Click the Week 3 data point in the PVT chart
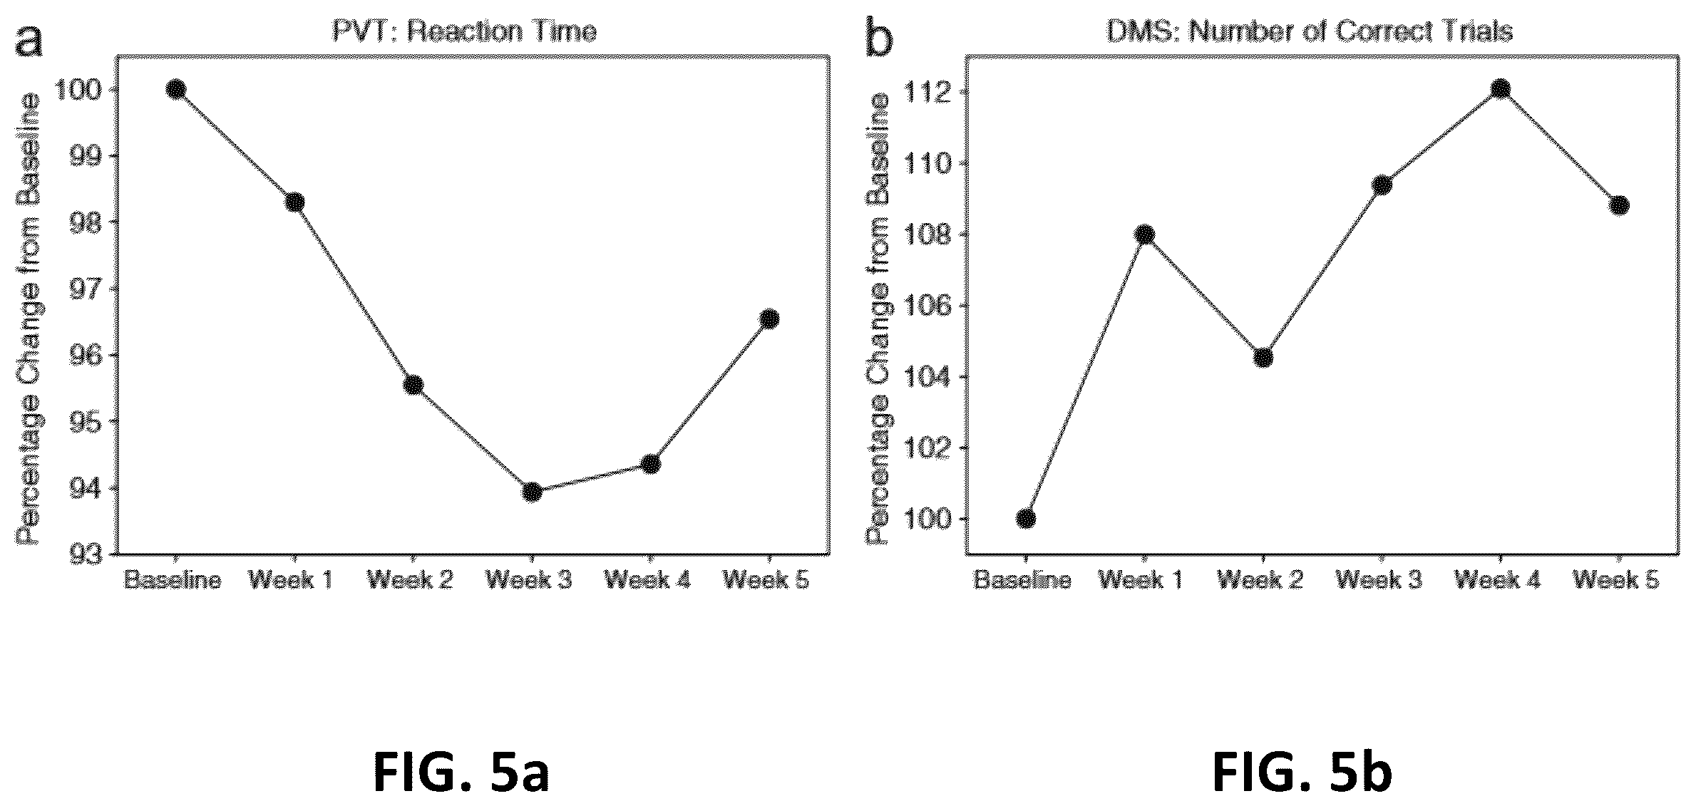(532, 492)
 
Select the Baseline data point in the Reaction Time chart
(176, 89)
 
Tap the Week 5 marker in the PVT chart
(769, 319)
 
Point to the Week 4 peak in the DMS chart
(1500, 90)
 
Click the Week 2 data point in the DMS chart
(1263, 357)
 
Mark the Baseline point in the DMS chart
(1026, 518)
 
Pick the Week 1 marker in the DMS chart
(1144, 234)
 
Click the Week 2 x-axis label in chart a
(410, 580)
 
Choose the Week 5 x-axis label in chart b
(1616, 580)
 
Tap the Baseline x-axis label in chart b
(1023, 580)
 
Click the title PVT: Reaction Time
(464, 32)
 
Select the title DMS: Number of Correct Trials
(1309, 32)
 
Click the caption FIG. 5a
(461, 773)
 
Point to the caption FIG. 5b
(1302, 773)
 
